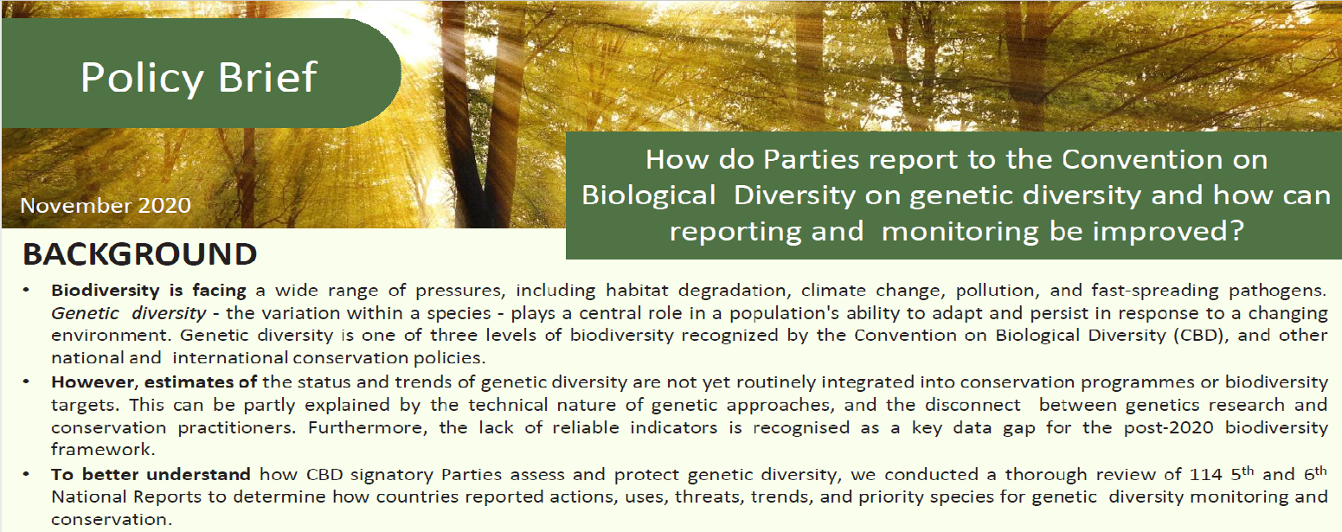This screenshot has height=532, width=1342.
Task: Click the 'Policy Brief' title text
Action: pyautogui.click(x=199, y=78)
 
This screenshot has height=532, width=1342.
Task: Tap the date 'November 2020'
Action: pyautogui.click(x=106, y=206)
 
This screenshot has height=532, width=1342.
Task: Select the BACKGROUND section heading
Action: pyautogui.click(x=140, y=254)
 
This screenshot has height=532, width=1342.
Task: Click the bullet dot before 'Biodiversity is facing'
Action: pyautogui.click(x=26, y=291)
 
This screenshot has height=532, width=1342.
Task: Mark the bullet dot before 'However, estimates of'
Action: pyautogui.click(x=26, y=382)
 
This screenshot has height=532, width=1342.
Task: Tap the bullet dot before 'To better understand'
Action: pyautogui.click(x=26, y=475)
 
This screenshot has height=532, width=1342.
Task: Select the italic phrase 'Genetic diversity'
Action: pyautogui.click(x=128, y=313)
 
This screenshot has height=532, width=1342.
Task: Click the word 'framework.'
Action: pyautogui.click(x=103, y=449)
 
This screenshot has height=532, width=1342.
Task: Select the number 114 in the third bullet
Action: pyautogui.click(x=1204, y=475)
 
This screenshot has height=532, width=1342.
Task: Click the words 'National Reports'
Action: pyautogui.click(x=126, y=497)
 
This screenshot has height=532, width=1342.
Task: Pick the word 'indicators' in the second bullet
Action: pyautogui.click(x=673, y=427)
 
